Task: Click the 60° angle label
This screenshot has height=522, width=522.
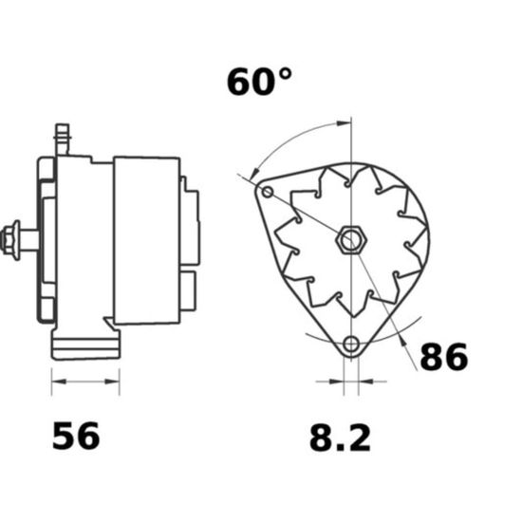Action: click(259, 82)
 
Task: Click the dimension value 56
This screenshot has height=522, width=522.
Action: click(76, 436)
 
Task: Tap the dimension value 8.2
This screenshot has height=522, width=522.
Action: click(340, 438)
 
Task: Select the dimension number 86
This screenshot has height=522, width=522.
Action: click(444, 357)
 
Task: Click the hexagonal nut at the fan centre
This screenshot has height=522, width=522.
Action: click(351, 240)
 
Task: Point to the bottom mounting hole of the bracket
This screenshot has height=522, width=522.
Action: click(351, 345)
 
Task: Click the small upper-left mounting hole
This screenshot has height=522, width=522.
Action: click(268, 192)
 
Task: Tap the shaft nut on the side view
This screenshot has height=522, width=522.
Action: click(10, 240)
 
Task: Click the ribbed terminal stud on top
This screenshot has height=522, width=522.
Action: click(63, 140)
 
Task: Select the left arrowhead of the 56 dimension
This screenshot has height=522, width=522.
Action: click(58, 382)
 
